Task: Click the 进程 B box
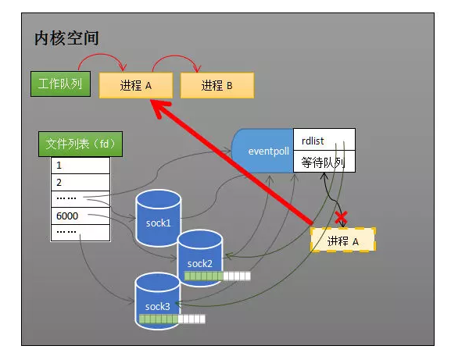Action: click(x=217, y=85)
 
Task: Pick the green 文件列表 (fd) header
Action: click(x=81, y=144)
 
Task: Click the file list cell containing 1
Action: click(x=81, y=166)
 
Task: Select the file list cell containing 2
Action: click(x=81, y=182)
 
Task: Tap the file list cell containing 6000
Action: click(x=81, y=216)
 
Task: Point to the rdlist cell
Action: click(x=324, y=140)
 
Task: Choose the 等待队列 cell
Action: click(x=324, y=162)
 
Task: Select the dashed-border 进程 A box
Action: click(x=342, y=241)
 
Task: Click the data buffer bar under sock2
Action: click(x=217, y=276)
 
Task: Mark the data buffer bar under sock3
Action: click(x=172, y=319)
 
